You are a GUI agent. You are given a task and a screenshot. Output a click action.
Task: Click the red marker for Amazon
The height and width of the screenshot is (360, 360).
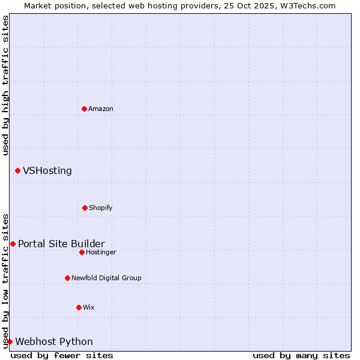[84, 109]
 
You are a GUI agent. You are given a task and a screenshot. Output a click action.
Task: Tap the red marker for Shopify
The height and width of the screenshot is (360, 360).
[85, 208]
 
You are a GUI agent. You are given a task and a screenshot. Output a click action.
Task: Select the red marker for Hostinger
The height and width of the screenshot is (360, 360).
[82, 252]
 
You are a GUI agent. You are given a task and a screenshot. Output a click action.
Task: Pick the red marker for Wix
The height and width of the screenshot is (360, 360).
[79, 307]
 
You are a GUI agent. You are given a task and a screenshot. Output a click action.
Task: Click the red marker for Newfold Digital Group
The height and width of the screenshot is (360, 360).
[67, 278]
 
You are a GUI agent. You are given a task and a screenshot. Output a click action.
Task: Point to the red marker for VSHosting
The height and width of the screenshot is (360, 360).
[17, 171]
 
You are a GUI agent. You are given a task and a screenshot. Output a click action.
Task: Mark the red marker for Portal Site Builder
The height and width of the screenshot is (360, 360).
[13, 244]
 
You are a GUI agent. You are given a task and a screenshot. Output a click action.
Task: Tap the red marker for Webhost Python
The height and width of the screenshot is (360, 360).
[10, 341]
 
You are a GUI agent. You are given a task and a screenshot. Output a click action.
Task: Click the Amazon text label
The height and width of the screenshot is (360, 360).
[101, 109]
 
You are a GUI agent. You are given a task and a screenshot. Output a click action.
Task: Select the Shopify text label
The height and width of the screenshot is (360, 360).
[101, 208]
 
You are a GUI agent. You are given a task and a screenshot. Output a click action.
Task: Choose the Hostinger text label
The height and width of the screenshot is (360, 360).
[101, 252]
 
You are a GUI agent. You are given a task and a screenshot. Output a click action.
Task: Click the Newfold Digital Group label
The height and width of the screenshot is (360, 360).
[106, 278]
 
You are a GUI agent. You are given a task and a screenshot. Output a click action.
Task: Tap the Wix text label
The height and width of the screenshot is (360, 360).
[89, 307]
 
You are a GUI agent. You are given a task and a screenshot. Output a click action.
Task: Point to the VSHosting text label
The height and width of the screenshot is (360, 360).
[47, 171]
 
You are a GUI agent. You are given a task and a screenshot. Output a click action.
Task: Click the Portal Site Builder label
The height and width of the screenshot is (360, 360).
[61, 244]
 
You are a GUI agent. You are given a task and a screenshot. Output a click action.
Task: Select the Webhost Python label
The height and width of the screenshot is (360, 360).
[54, 341]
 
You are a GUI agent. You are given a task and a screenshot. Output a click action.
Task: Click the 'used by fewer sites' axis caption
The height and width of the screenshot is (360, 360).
[62, 355]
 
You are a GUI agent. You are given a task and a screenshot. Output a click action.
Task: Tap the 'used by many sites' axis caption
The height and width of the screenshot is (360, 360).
[301, 355]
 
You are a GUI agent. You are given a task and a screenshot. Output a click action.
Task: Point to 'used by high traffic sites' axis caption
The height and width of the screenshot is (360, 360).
[5, 85]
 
